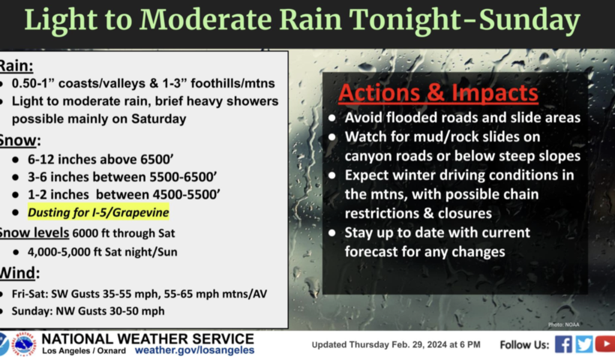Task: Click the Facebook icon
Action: tap(563, 344)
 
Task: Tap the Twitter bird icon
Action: tap(584, 344)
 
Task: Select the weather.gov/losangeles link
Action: tap(194, 350)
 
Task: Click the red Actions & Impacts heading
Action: tap(438, 92)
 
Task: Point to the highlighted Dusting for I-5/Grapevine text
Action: tap(98, 212)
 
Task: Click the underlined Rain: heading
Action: tap(16, 66)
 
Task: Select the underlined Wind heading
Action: tap(18, 272)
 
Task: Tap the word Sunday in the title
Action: tap(529, 20)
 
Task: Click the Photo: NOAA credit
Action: tap(563, 324)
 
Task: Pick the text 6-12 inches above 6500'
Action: tap(100, 159)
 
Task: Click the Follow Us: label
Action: tap(524, 345)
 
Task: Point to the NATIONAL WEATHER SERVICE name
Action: tap(148, 338)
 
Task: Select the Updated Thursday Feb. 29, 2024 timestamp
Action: tap(396, 345)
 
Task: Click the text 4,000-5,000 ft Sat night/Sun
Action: tap(102, 252)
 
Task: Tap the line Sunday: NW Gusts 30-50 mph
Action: tap(88, 311)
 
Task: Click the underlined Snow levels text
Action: tap(34, 232)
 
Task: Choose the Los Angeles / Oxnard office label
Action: tap(84, 350)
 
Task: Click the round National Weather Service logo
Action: tap(24, 344)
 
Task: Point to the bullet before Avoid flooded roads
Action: tap(332, 118)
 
